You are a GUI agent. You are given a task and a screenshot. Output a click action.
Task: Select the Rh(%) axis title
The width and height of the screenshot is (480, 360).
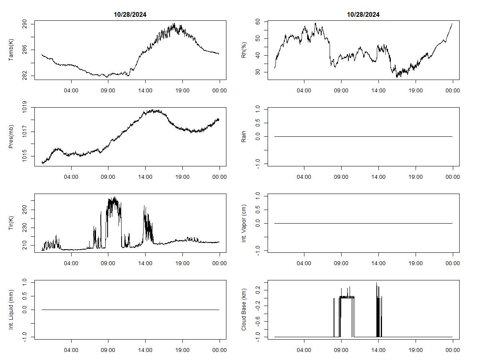[x=244, y=50]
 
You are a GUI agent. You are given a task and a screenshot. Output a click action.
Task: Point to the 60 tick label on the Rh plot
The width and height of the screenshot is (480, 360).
[x=258, y=22]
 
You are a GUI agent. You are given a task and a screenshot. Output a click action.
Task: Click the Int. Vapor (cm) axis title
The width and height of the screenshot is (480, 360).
[x=244, y=223]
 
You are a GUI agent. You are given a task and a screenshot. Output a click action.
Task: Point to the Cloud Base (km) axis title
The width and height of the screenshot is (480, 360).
[x=244, y=310]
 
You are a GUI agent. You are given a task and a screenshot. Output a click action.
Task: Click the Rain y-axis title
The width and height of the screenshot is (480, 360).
[x=244, y=136]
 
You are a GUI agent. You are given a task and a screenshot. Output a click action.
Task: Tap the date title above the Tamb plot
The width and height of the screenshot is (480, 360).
[x=130, y=15]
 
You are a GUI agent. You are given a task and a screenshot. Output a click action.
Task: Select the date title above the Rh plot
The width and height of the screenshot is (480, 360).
[x=363, y=15]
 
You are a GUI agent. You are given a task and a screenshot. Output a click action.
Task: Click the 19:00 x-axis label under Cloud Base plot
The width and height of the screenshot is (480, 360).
[x=416, y=350]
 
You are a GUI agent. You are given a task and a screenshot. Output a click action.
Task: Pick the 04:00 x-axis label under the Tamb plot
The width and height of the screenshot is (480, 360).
[x=71, y=91]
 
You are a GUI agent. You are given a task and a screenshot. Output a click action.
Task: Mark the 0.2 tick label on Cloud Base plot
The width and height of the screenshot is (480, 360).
[x=258, y=289]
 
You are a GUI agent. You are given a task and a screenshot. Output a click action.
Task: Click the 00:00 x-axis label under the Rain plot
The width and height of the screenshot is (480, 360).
[x=452, y=177]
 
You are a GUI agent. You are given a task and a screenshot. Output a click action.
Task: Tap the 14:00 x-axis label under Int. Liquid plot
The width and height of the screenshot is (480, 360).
[x=145, y=350]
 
